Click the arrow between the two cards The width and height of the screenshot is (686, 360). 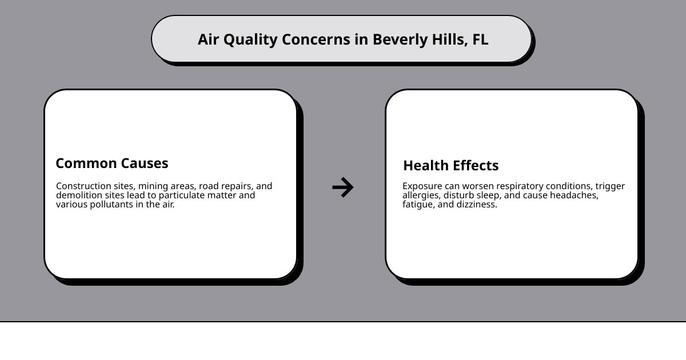click(342, 187)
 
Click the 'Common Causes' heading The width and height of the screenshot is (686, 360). click(112, 163)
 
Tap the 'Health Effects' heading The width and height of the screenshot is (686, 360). click(451, 165)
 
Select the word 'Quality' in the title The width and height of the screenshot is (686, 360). click(250, 40)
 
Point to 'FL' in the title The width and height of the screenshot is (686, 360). click(480, 39)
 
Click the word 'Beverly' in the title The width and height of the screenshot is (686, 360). click(400, 40)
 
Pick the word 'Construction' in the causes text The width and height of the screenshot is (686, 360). click(83, 186)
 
